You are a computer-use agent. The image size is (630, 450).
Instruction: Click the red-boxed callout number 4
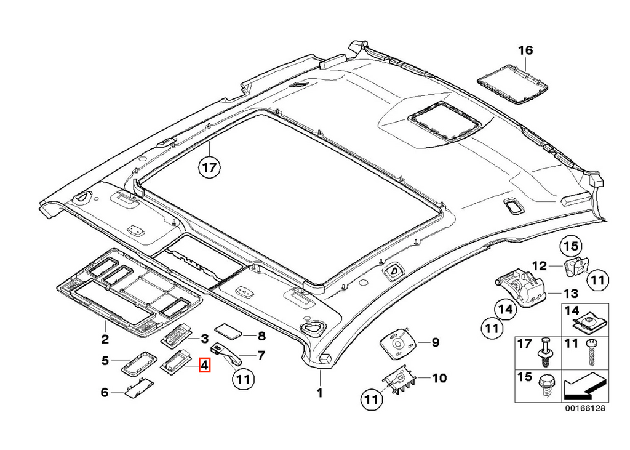click(x=204, y=366)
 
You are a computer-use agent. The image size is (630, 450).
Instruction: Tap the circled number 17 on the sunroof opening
click(x=209, y=167)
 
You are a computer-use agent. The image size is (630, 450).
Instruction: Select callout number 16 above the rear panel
click(x=525, y=50)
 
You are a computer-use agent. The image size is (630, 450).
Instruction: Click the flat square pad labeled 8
click(x=229, y=330)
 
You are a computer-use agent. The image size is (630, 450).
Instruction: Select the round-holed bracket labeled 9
click(x=399, y=343)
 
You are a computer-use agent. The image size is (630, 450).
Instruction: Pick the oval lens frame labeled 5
click(x=138, y=364)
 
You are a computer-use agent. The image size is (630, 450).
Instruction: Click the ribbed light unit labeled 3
click(x=178, y=334)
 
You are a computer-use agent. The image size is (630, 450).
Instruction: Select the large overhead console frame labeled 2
click(x=128, y=291)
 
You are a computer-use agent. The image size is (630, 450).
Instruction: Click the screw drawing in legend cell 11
click(x=591, y=353)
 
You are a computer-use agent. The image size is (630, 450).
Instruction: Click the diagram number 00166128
click(x=585, y=408)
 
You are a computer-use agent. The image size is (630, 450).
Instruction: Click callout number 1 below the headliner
click(x=320, y=393)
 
